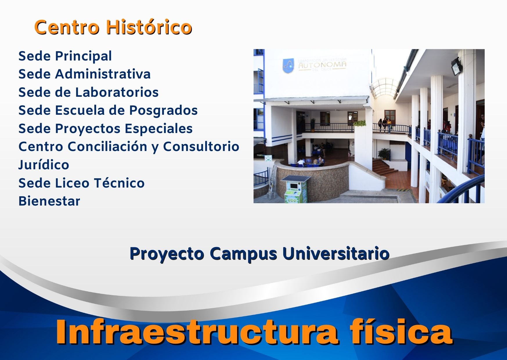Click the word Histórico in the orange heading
pos(149,28)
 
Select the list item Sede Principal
pos(65,56)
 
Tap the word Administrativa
pos(103,74)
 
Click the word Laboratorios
pos(117,92)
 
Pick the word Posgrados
pos(163,110)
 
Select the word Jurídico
pos(44,165)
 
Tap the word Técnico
pos(119,183)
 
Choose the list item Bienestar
pos(49,201)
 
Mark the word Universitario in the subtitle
pos(336,253)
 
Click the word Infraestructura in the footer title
pos(197,332)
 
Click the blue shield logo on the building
pos(288,66)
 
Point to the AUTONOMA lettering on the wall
pos(322,65)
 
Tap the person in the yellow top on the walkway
pos(389,125)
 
